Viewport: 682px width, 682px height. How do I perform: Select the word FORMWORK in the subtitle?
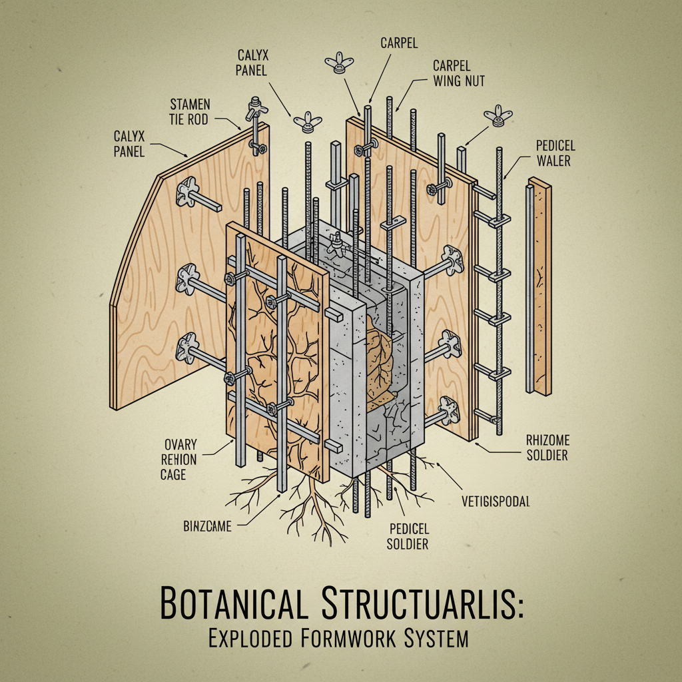pyautogui.click(x=356, y=639)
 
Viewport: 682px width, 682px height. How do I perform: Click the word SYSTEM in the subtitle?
pyautogui.click(x=436, y=639)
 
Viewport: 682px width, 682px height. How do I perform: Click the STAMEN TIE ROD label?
pyautogui.click(x=190, y=112)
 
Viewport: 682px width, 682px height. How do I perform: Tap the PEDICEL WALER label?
pyautogui.click(x=555, y=153)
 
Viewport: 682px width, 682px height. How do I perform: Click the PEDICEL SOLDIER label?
pyautogui.click(x=408, y=536)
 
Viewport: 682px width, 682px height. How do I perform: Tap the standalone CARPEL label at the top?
pyautogui.click(x=399, y=43)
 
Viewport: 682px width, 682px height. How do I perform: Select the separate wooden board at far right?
pyautogui.click(x=540, y=286)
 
